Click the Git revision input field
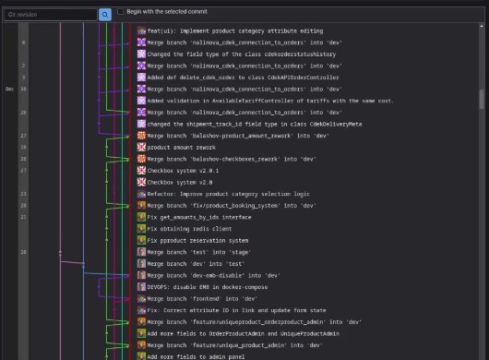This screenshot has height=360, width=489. (x=50, y=15)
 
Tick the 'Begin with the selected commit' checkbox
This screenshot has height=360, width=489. (x=121, y=11)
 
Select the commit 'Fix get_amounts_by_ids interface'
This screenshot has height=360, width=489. (x=204, y=216)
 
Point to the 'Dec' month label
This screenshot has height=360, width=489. (x=9, y=89)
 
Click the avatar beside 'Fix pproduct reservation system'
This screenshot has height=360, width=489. (x=141, y=239)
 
